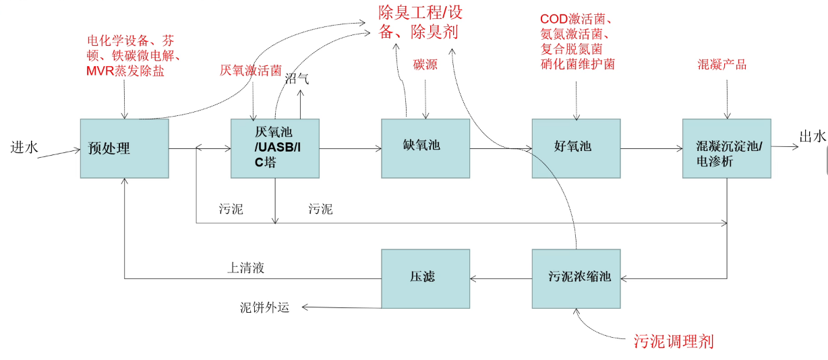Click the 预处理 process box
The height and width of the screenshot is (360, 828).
(x=124, y=148)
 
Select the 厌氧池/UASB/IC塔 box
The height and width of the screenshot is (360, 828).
(x=274, y=148)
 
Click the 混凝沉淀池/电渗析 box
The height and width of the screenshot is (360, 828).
(x=726, y=148)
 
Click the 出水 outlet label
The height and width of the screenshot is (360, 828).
(x=812, y=137)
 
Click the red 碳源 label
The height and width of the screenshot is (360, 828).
(x=425, y=65)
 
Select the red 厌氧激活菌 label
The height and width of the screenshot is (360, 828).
(x=250, y=70)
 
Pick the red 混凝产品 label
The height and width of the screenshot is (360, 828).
(x=722, y=65)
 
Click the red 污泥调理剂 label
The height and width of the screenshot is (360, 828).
(x=674, y=341)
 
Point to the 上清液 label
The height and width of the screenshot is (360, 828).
(x=245, y=268)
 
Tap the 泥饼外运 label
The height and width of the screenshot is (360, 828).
(x=264, y=307)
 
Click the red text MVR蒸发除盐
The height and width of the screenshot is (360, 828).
(x=125, y=71)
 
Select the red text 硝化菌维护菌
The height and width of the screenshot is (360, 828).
(x=578, y=65)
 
